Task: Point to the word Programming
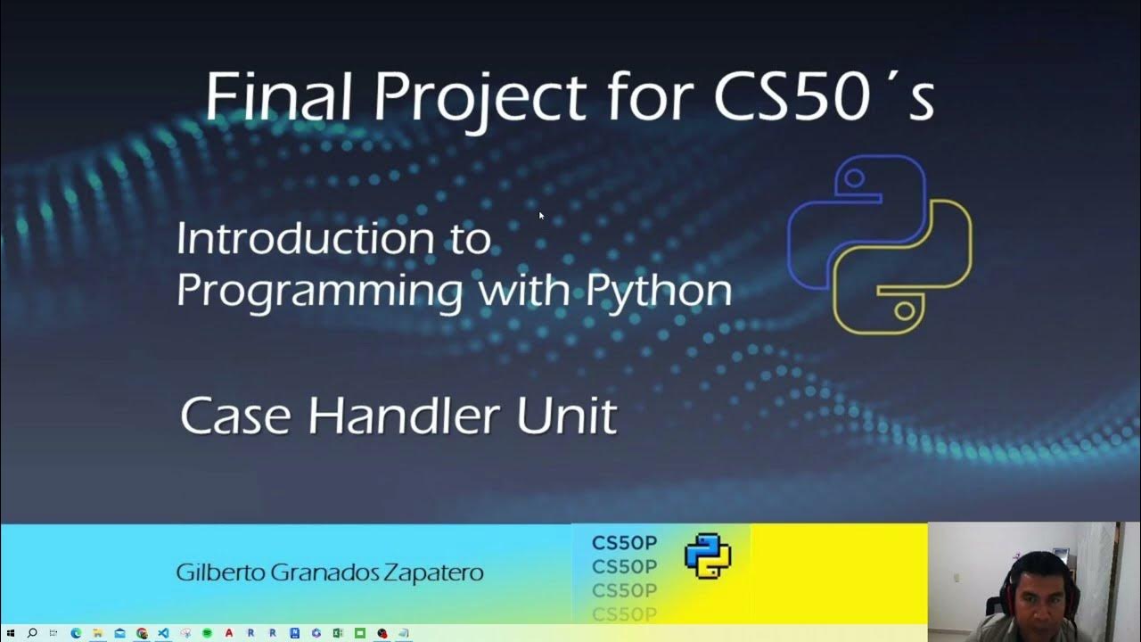click(319, 291)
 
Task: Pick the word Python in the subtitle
click(659, 291)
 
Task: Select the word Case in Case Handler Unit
click(238, 416)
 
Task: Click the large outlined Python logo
click(879, 243)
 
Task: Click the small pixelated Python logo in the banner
click(708, 556)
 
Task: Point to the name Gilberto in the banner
click(213, 572)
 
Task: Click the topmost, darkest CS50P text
click(624, 543)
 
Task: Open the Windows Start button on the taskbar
click(11, 633)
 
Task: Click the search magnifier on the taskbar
click(33, 633)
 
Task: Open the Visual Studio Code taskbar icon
click(163, 633)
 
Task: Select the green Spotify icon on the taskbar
click(207, 633)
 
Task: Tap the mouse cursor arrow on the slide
click(541, 215)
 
